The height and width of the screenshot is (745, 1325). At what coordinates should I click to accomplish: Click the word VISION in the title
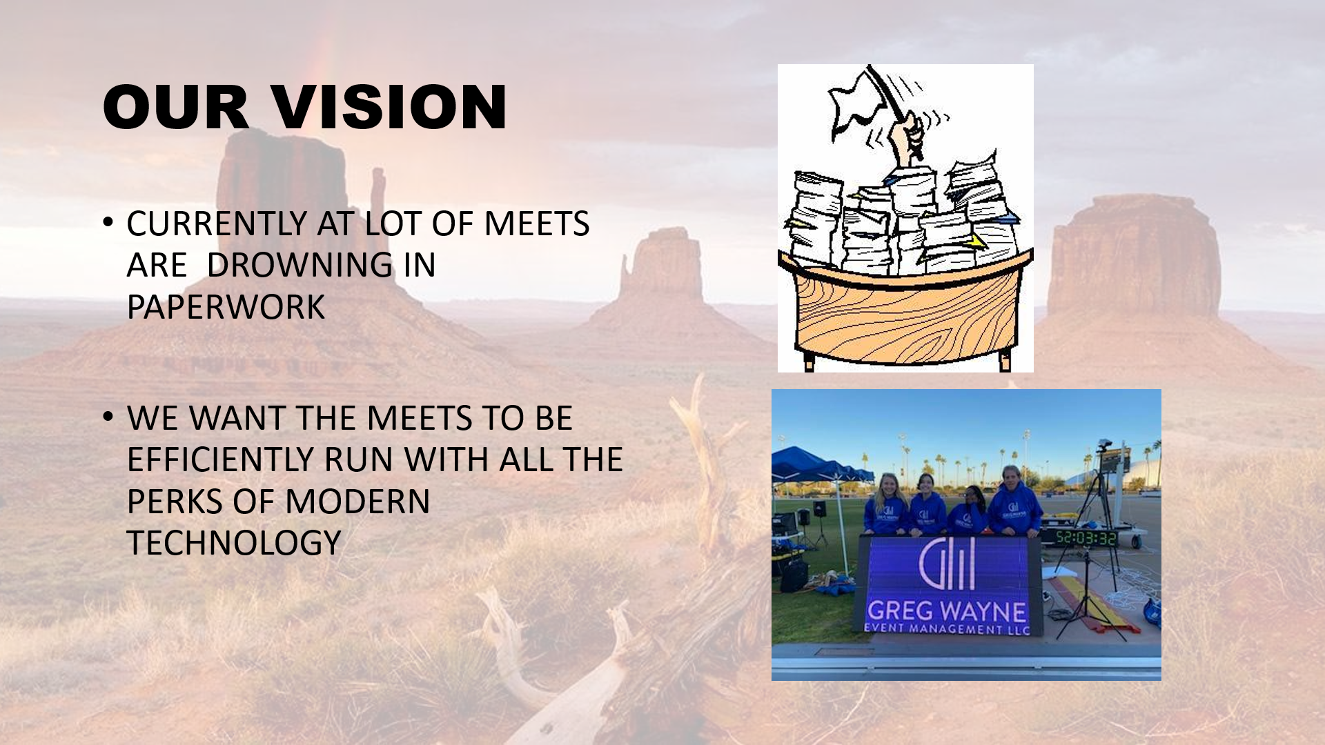[x=390, y=107]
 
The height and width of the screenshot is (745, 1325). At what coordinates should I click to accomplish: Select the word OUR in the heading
[x=176, y=107]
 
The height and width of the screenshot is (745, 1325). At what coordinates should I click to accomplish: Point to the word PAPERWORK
[x=226, y=307]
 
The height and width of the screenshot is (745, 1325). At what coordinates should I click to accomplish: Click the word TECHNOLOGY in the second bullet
[x=234, y=543]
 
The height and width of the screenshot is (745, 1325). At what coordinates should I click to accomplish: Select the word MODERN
[x=357, y=501]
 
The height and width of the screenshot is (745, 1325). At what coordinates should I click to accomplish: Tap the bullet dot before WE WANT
[x=108, y=417]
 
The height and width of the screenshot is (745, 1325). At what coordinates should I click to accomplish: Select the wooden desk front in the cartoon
[x=905, y=314]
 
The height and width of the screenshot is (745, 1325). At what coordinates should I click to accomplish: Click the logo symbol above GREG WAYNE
[x=946, y=564]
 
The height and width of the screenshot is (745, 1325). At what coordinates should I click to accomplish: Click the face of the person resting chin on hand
[x=972, y=496]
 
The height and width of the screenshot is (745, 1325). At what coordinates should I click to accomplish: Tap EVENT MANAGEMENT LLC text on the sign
[x=947, y=629]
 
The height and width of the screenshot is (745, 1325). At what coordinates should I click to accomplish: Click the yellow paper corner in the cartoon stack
[x=977, y=241]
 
